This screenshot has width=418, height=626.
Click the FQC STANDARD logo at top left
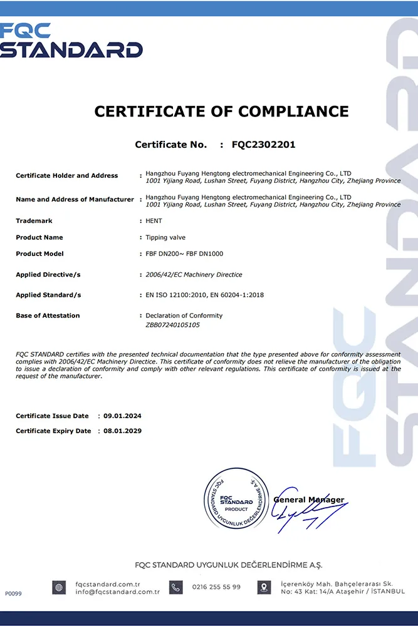(x=71, y=41)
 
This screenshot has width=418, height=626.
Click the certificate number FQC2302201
(x=263, y=145)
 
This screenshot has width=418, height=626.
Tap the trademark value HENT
(x=154, y=221)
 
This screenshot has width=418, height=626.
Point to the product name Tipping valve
(x=165, y=237)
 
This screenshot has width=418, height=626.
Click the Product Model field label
(x=39, y=254)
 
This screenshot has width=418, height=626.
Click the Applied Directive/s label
(x=48, y=275)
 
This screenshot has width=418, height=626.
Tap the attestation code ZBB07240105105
(x=173, y=325)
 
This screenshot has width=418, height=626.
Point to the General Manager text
(x=309, y=500)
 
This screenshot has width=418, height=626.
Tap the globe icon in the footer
(x=59, y=588)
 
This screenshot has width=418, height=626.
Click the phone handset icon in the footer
(x=176, y=588)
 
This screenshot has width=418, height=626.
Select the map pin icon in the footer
(x=264, y=588)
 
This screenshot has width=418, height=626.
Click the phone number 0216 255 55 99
(x=216, y=587)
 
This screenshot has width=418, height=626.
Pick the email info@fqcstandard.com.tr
(x=117, y=592)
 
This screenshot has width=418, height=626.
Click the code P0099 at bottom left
(x=13, y=593)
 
